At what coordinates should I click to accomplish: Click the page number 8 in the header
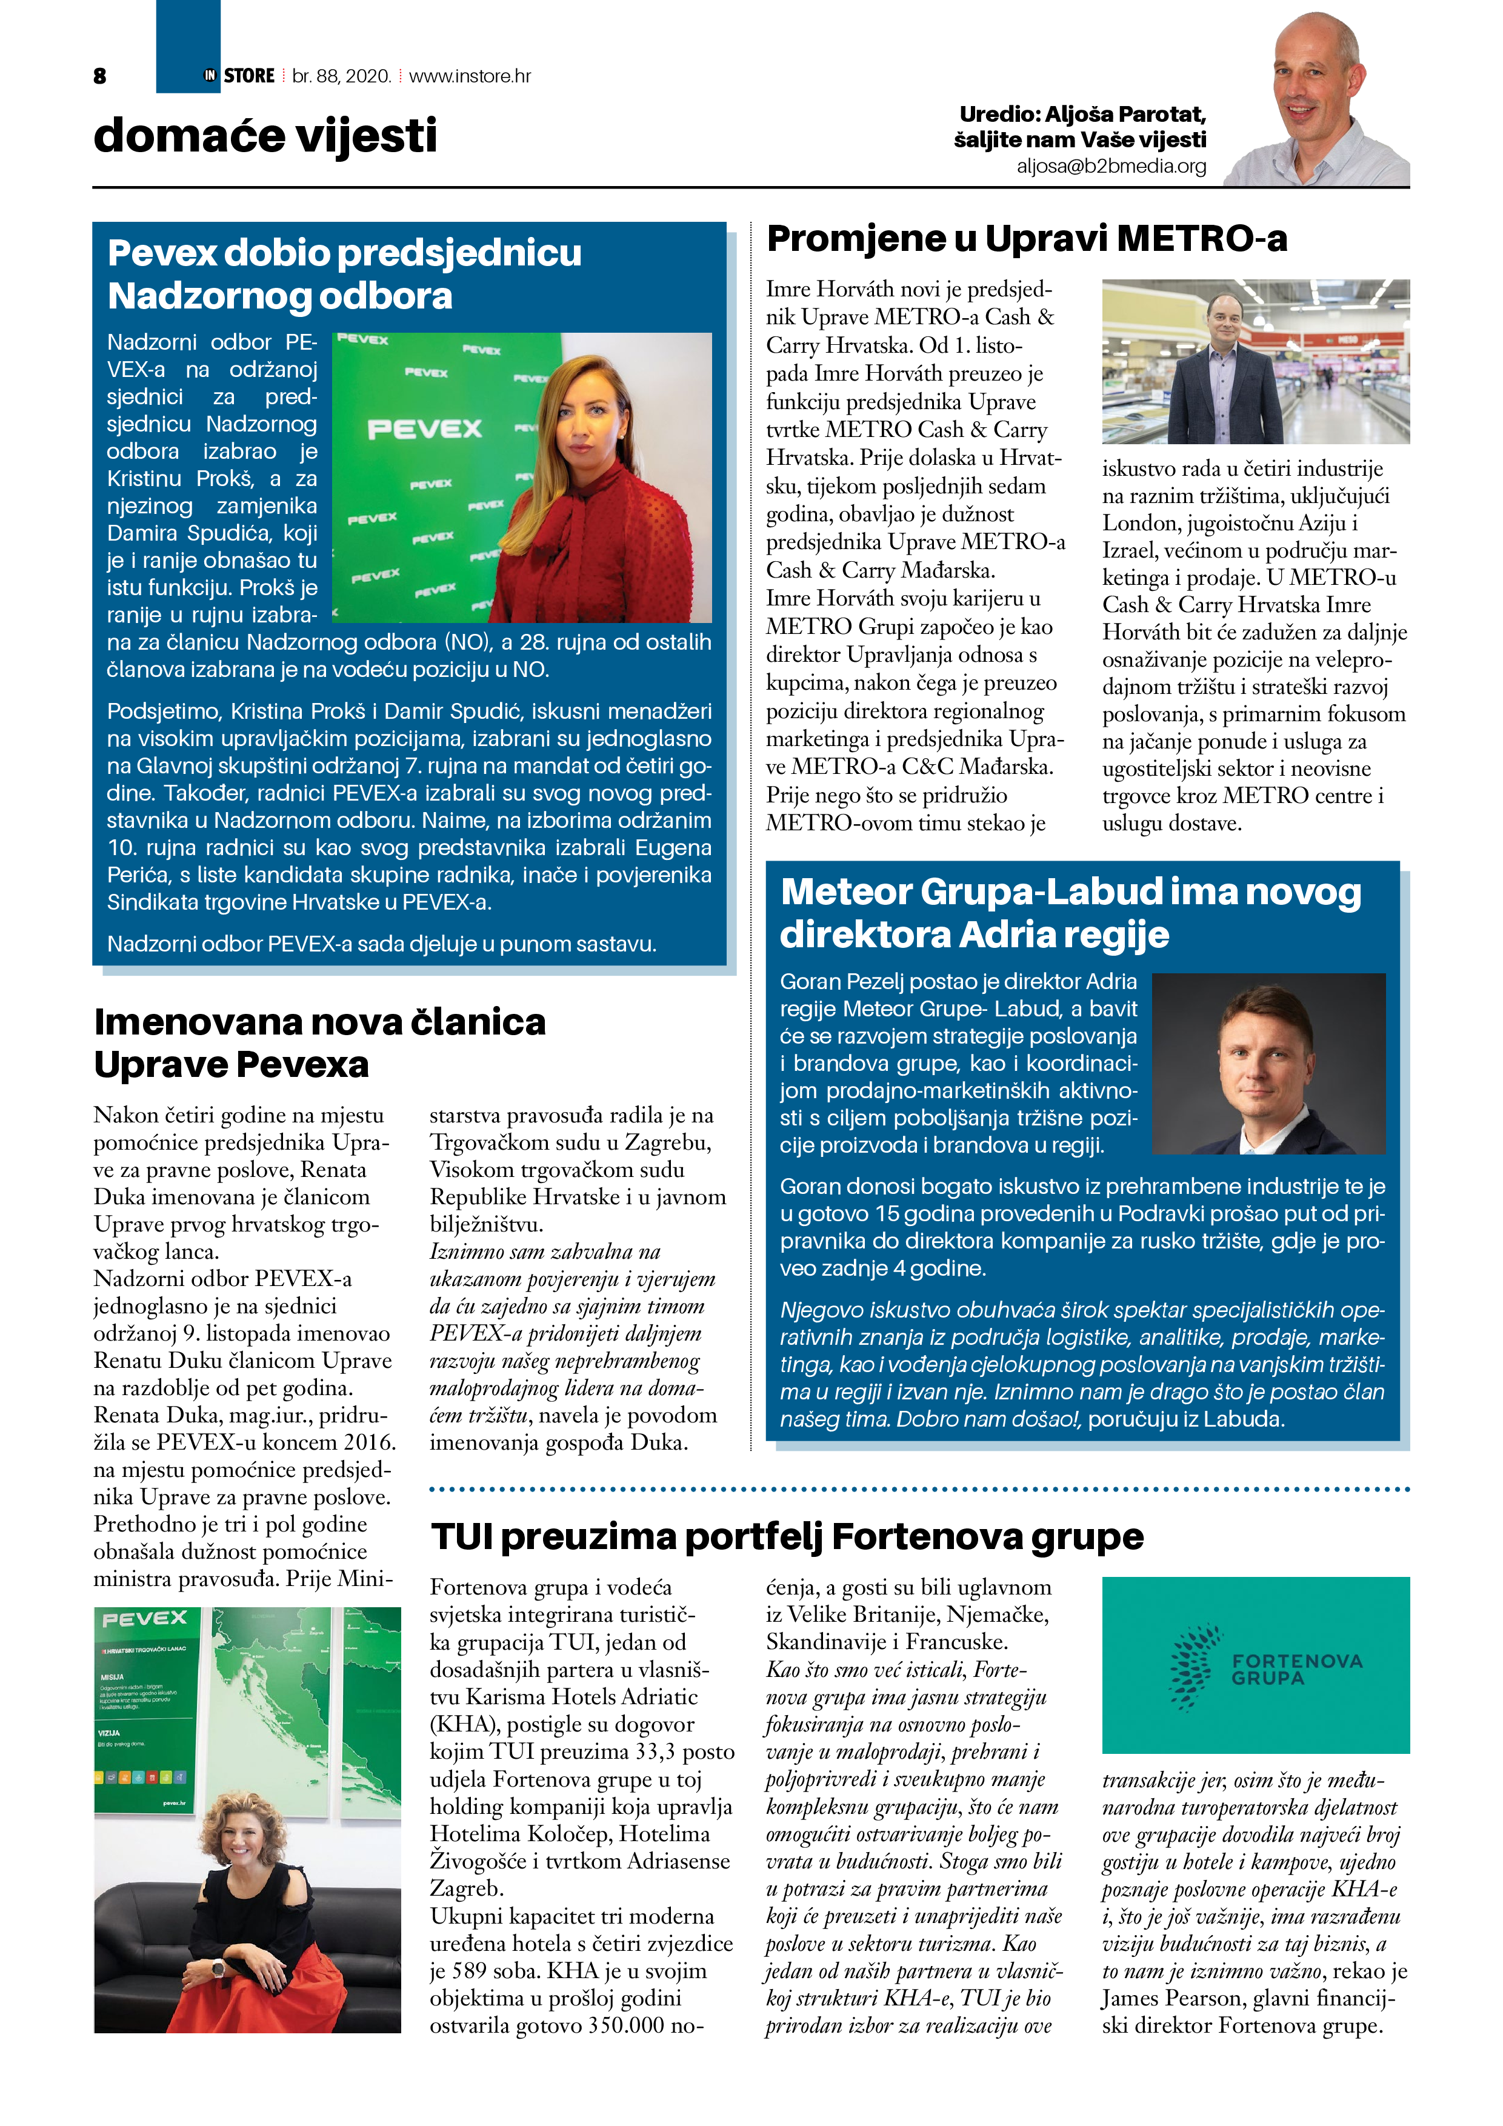pyautogui.click(x=100, y=76)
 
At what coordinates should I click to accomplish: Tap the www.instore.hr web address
pyautogui.click(x=470, y=76)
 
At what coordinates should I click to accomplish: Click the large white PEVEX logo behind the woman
pyautogui.click(x=424, y=428)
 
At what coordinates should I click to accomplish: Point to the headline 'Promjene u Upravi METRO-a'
pyautogui.click(x=1026, y=239)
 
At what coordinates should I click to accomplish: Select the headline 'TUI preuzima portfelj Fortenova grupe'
pyautogui.click(x=787, y=1536)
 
